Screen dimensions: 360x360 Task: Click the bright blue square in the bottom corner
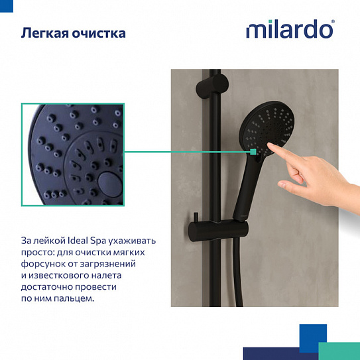pyautogui.click(x=312, y=337)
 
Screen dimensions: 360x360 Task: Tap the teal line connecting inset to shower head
pyautogui.click(x=186, y=152)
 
